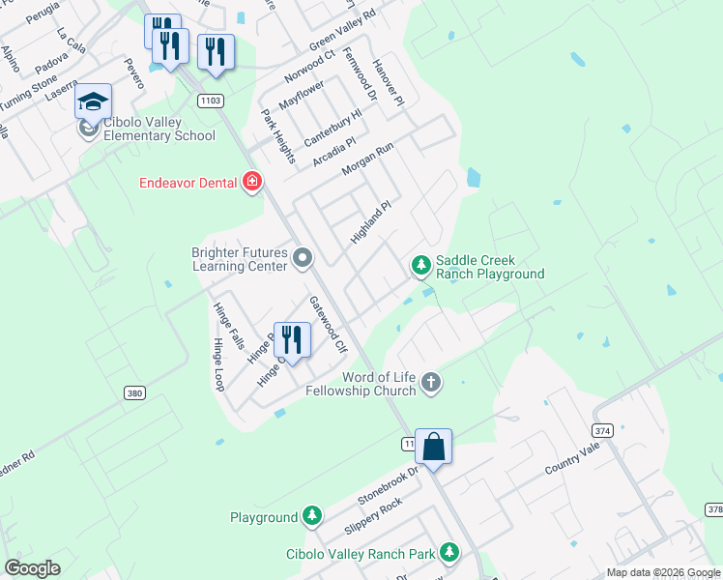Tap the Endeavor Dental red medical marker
[x=253, y=182]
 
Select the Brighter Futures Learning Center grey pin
[x=303, y=258]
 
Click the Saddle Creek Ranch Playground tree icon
[x=420, y=264]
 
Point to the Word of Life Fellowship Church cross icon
[x=431, y=384]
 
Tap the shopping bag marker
[x=434, y=448]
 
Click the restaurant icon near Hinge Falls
[x=292, y=339]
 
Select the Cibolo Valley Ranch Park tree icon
[x=448, y=552]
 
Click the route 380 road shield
[x=134, y=392]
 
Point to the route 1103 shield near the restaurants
[x=211, y=100]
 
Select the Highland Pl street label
[x=371, y=221]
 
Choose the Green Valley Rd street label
[x=341, y=32]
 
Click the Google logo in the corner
[x=33, y=568]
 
